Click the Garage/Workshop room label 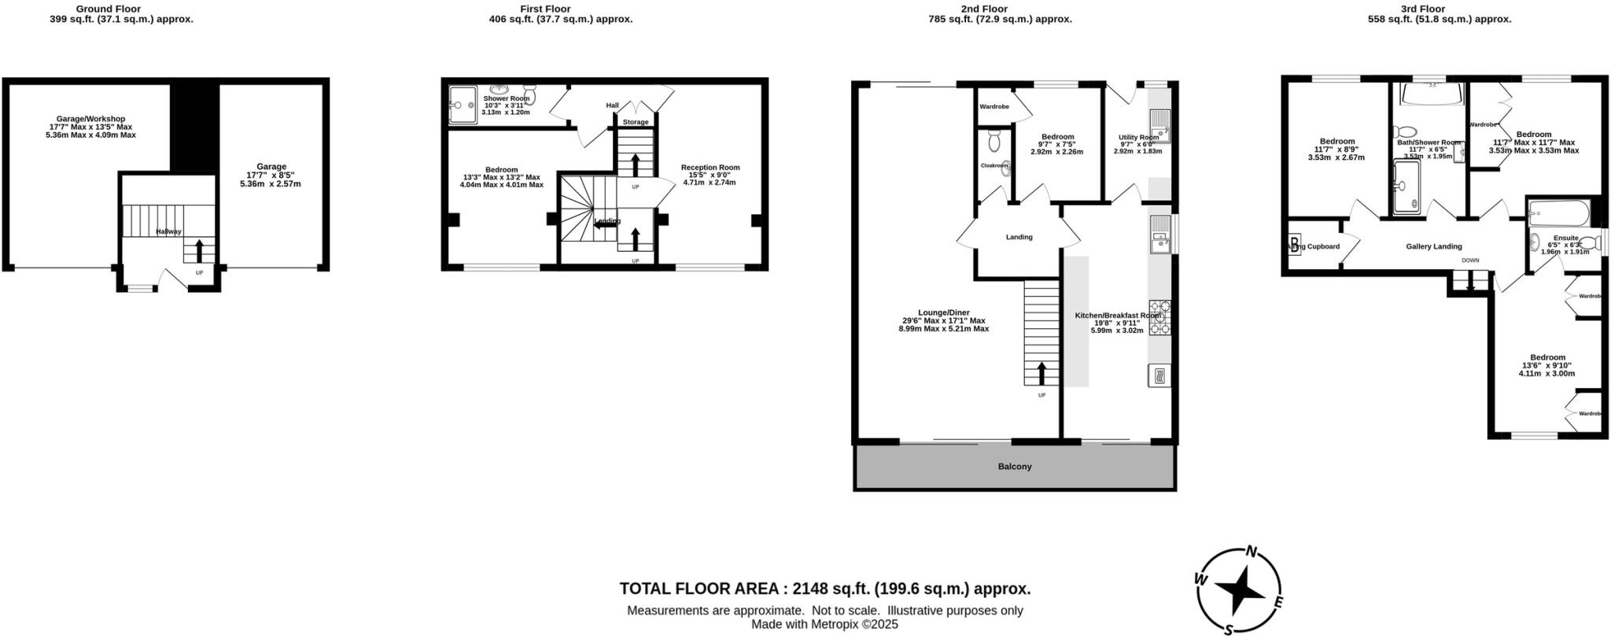pos(90,119)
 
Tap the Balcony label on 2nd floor pos(1015,467)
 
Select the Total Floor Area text pos(824,589)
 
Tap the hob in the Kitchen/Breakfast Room pos(1159,318)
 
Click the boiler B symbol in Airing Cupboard pos(1295,244)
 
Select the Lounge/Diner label pos(943,312)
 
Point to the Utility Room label pos(1138,137)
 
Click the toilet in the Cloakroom pos(994,142)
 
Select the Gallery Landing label pos(1434,246)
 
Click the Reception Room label pos(710,167)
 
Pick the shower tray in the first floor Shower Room pos(463,104)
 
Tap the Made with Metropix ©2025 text pos(824,625)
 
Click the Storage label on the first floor pos(636,122)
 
